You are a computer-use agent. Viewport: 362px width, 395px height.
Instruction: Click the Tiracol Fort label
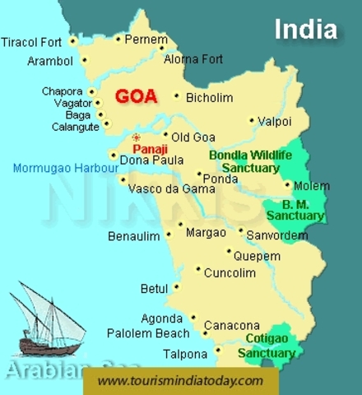[33, 42]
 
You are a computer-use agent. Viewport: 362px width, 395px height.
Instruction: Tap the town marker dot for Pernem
[118, 39]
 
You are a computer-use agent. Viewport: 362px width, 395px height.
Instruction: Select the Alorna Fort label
[193, 59]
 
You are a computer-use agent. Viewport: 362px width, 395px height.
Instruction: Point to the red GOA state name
[136, 95]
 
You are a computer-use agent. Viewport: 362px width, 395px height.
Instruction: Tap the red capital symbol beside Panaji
[137, 137]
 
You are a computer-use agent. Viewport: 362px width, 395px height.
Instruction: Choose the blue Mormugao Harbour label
[66, 170]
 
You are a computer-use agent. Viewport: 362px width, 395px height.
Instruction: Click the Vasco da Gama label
[171, 188]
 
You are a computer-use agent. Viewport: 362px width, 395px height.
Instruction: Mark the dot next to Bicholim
[177, 96]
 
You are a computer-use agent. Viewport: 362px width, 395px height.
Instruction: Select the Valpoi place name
[275, 120]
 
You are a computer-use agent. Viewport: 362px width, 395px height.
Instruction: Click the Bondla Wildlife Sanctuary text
[246, 160]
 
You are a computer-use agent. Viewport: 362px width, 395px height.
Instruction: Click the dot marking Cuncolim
[198, 268]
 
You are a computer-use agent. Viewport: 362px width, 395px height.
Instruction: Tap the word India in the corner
[305, 30]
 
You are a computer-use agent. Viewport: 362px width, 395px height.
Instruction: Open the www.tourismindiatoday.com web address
[180, 380]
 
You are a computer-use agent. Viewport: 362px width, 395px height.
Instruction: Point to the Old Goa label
[193, 136]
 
